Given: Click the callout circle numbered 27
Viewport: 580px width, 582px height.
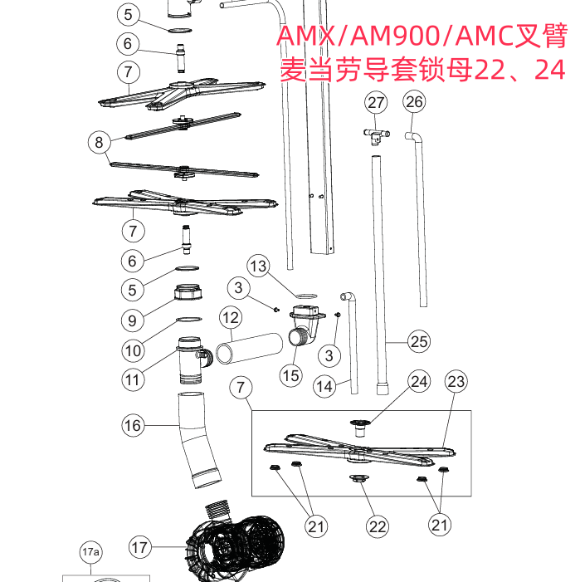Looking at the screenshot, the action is point(376,103).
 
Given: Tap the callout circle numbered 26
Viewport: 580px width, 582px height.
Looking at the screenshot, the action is point(414,101).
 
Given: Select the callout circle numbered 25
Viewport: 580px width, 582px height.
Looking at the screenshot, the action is point(419,341).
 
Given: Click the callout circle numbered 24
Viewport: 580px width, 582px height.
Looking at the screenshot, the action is point(419,381).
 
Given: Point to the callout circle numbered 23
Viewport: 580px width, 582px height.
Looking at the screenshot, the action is point(456,381).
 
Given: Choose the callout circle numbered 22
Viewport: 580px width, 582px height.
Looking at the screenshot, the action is point(378,526).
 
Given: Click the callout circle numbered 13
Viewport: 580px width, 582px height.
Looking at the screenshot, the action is point(259,266).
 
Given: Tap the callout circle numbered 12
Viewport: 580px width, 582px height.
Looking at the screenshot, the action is point(231,318).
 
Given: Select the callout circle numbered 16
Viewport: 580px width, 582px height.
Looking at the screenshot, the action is point(133,425).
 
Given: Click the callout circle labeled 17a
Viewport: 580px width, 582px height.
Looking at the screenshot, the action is point(90,552).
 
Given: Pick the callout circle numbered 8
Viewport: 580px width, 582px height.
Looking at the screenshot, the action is point(99,142).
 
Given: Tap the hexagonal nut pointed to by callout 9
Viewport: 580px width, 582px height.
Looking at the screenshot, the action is point(188,291).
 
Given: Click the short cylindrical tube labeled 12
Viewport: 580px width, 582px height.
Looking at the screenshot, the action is point(249,349).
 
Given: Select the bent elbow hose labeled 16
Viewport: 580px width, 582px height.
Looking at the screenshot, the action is point(198,440).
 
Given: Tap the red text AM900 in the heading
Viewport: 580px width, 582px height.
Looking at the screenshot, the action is point(395,36).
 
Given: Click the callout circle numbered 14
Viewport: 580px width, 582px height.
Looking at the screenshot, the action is point(324,386).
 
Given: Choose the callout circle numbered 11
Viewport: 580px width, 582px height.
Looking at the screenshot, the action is point(133,380).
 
